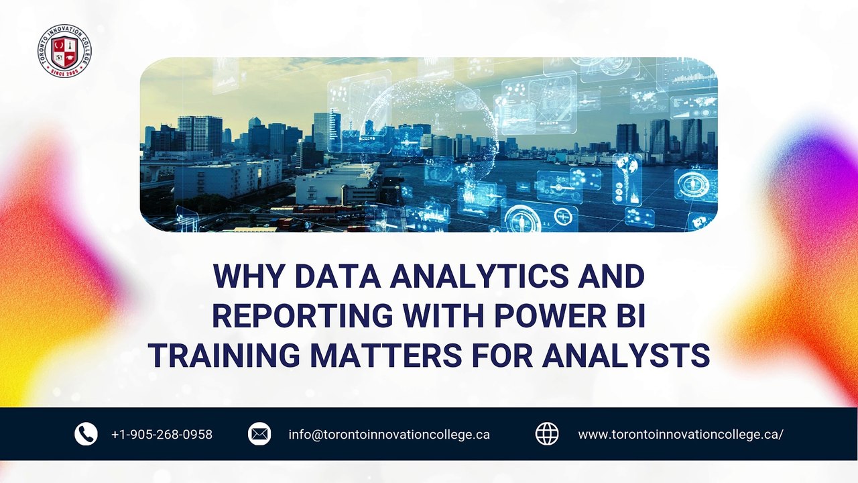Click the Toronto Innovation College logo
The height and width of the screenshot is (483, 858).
64,50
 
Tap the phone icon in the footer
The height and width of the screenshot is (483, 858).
86,434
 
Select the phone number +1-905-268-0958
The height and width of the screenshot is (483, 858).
162,435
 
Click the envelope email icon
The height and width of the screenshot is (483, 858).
259,434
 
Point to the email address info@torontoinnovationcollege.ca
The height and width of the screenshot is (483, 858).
389,435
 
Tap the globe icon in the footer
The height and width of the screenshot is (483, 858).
547,434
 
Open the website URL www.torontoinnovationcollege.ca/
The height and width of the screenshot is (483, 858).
680,435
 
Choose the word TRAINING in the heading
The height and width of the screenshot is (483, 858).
225,355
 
